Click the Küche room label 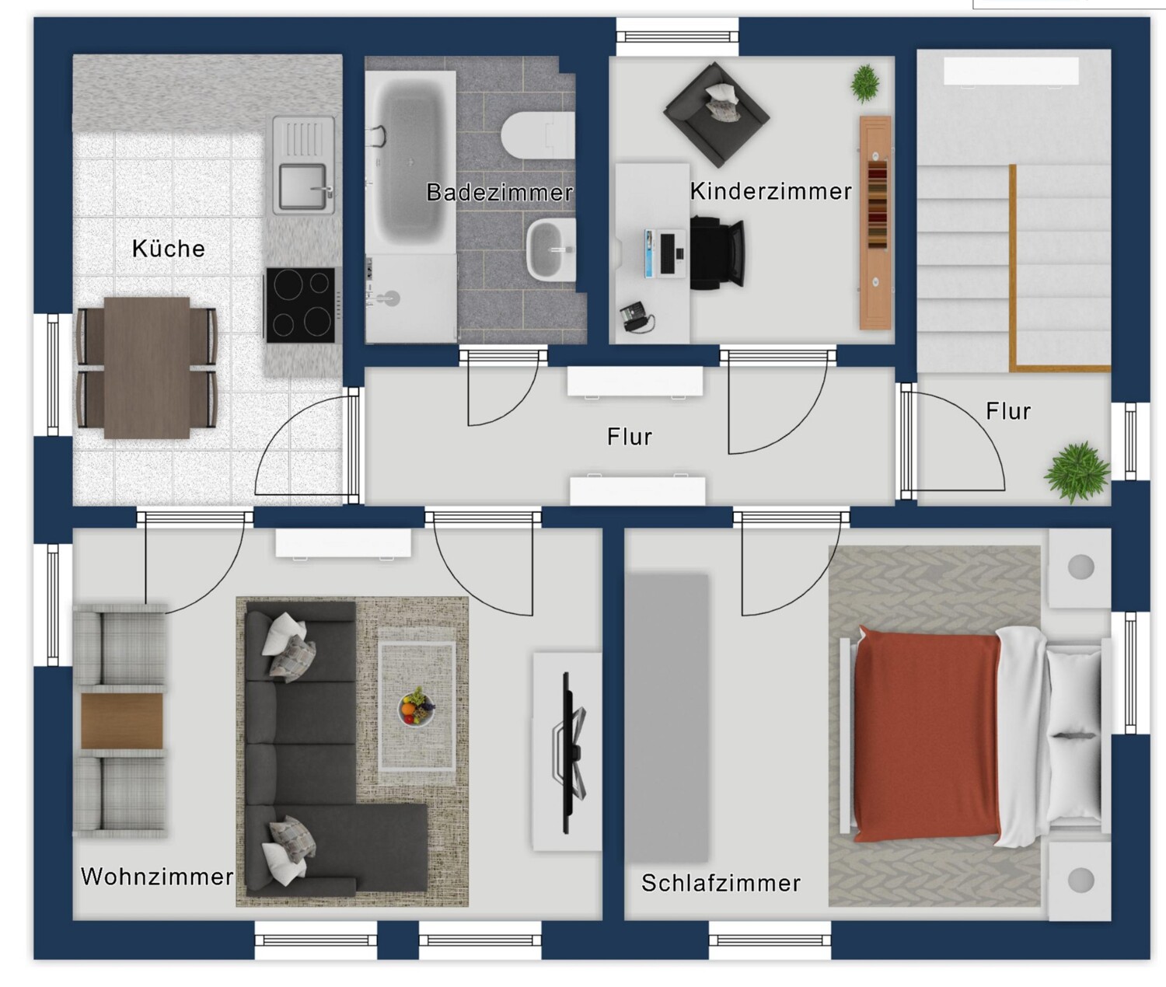168,249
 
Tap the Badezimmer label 499,192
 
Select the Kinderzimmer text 770,191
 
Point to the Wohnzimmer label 157,877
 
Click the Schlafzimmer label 721,883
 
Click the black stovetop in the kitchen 302,305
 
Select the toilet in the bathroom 536,135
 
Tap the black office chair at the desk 717,253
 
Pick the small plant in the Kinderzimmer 864,82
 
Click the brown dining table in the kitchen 147,367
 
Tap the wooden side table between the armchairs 122,720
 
